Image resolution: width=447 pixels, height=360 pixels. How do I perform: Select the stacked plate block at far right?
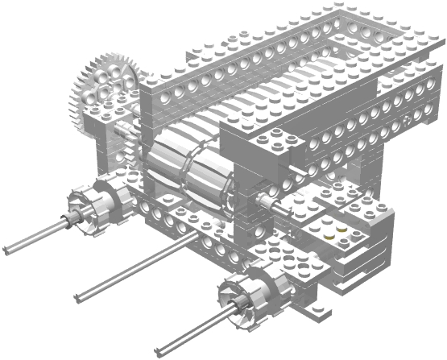pos(379,242)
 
